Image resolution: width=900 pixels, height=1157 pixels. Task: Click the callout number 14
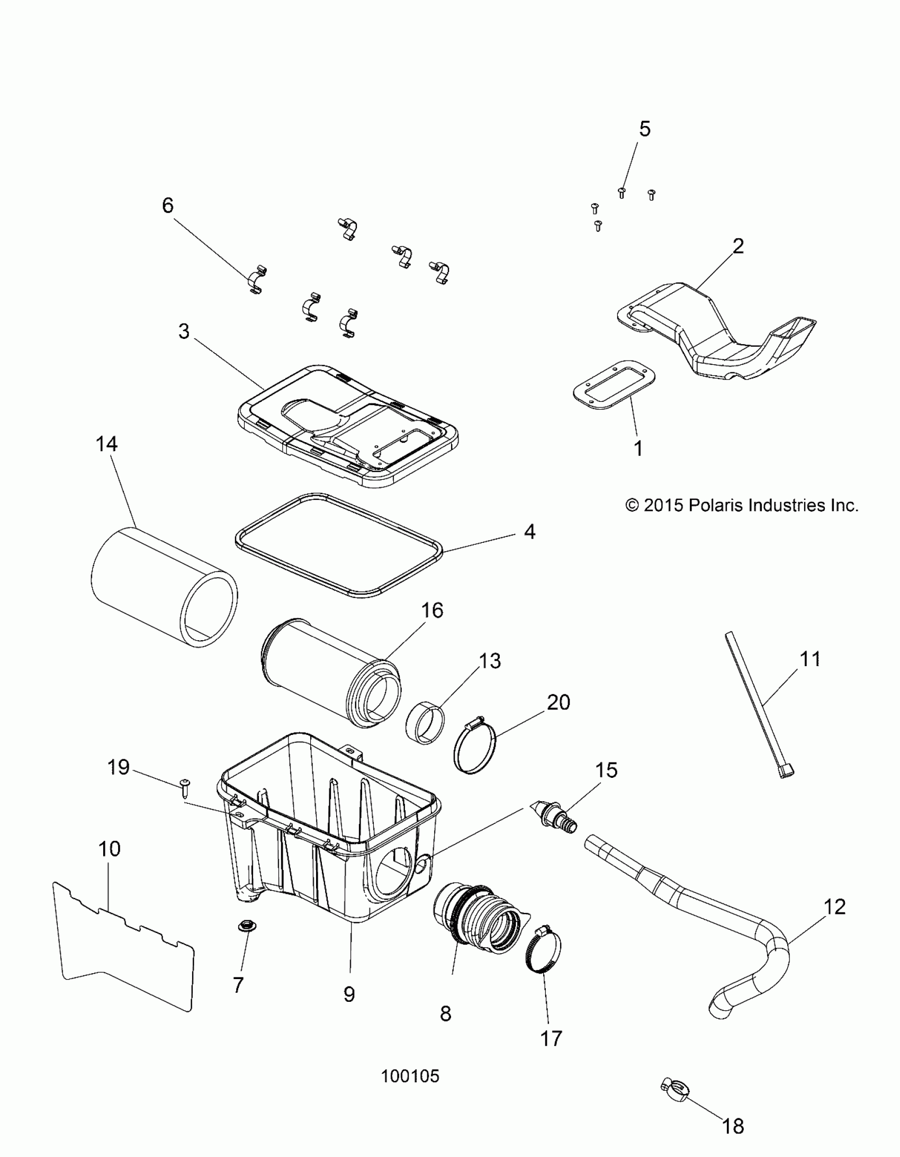pos(106,444)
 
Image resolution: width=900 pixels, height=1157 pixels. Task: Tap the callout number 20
pos(559,703)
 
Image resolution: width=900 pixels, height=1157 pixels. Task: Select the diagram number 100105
pos(410,1076)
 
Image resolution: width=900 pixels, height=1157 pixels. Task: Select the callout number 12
pos(835,907)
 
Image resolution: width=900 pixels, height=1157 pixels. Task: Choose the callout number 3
pos(184,331)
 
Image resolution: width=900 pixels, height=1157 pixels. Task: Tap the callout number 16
pos(431,611)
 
